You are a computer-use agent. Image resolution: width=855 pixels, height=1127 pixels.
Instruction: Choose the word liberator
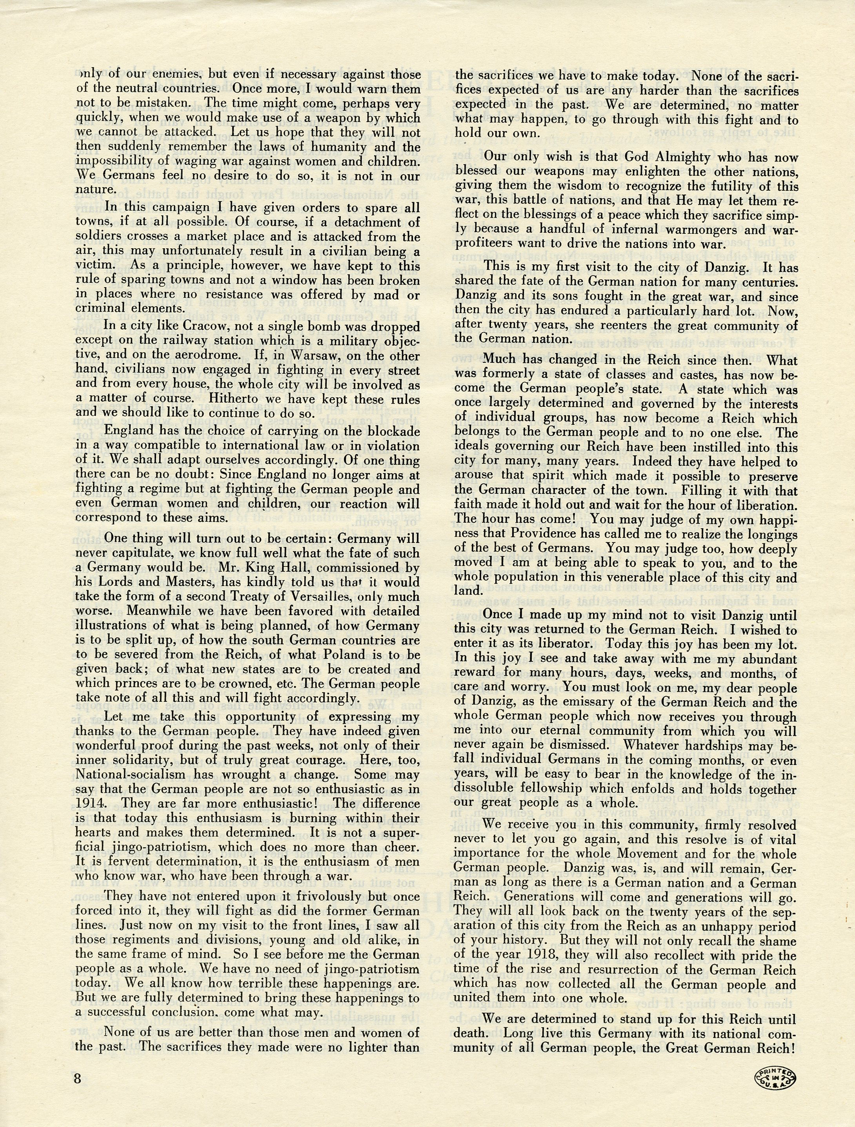point(568,644)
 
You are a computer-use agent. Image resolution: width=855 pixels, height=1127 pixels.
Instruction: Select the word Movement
point(647,853)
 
